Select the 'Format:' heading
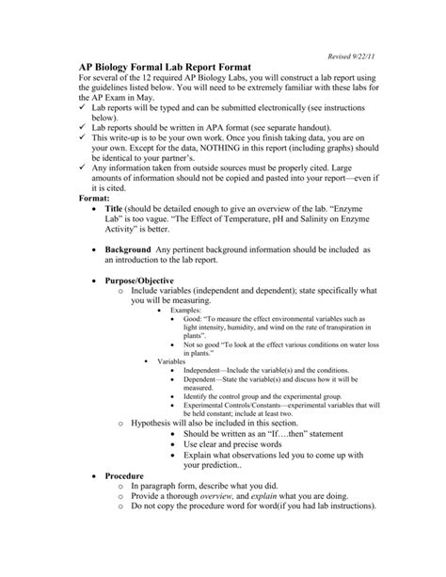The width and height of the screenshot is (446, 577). (98, 199)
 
